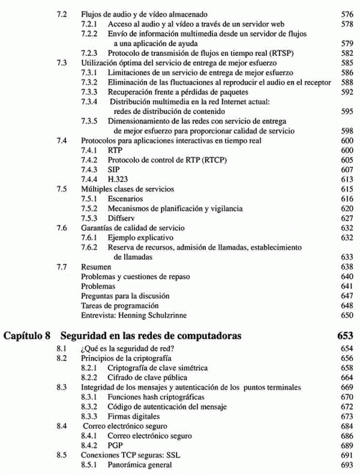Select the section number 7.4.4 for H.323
pyautogui.click(x=89, y=179)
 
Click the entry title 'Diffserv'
pyautogui.click(x=121, y=217)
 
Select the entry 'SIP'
pyautogui.click(x=114, y=169)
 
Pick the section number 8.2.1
pyautogui.click(x=89, y=368)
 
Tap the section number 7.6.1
pyautogui.click(x=89, y=238)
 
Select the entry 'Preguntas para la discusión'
pyautogui.click(x=125, y=296)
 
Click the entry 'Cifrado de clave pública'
pyautogui.click(x=147, y=377)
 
